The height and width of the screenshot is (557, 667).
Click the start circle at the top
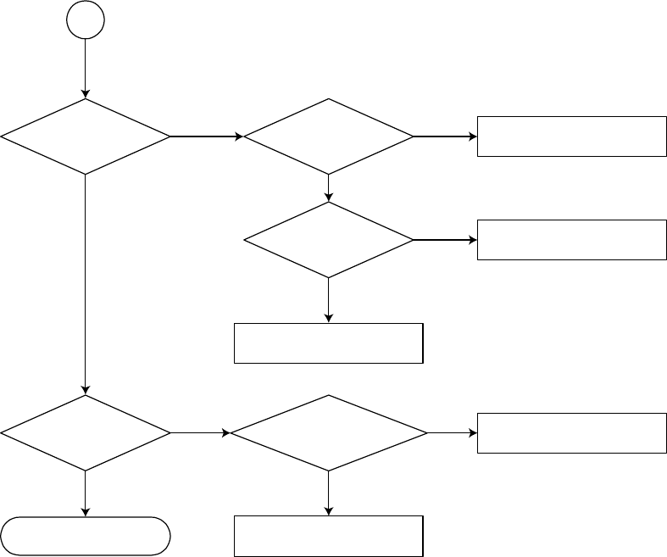[x=86, y=20]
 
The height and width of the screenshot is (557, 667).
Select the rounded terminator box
[x=86, y=536]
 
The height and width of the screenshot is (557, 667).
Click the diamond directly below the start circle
[x=86, y=136]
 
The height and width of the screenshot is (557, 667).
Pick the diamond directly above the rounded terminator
[x=86, y=432]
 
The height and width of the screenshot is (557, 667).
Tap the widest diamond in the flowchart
[x=329, y=432]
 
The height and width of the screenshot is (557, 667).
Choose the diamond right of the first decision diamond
[x=329, y=136]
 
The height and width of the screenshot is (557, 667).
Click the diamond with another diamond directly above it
[x=329, y=240]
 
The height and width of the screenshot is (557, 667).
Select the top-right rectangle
[x=572, y=136]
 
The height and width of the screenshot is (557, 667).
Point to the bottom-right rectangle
[x=572, y=432]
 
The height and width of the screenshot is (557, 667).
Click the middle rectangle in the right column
[x=572, y=240]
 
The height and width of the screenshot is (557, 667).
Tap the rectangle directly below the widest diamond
[x=329, y=536]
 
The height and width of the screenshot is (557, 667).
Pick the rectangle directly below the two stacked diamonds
[x=329, y=343]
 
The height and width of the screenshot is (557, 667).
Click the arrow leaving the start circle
[x=86, y=68]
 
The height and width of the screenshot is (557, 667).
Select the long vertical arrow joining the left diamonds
[x=86, y=284]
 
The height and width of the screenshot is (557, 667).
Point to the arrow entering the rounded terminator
[x=86, y=493]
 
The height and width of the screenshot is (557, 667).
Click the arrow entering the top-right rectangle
[x=445, y=136]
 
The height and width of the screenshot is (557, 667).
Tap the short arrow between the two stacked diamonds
[x=329, y=187]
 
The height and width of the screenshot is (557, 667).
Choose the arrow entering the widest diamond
[x=200, y=432]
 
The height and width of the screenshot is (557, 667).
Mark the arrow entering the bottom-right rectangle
[x=453, y=432]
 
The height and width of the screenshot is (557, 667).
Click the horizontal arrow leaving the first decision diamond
[x=207, y=136]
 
